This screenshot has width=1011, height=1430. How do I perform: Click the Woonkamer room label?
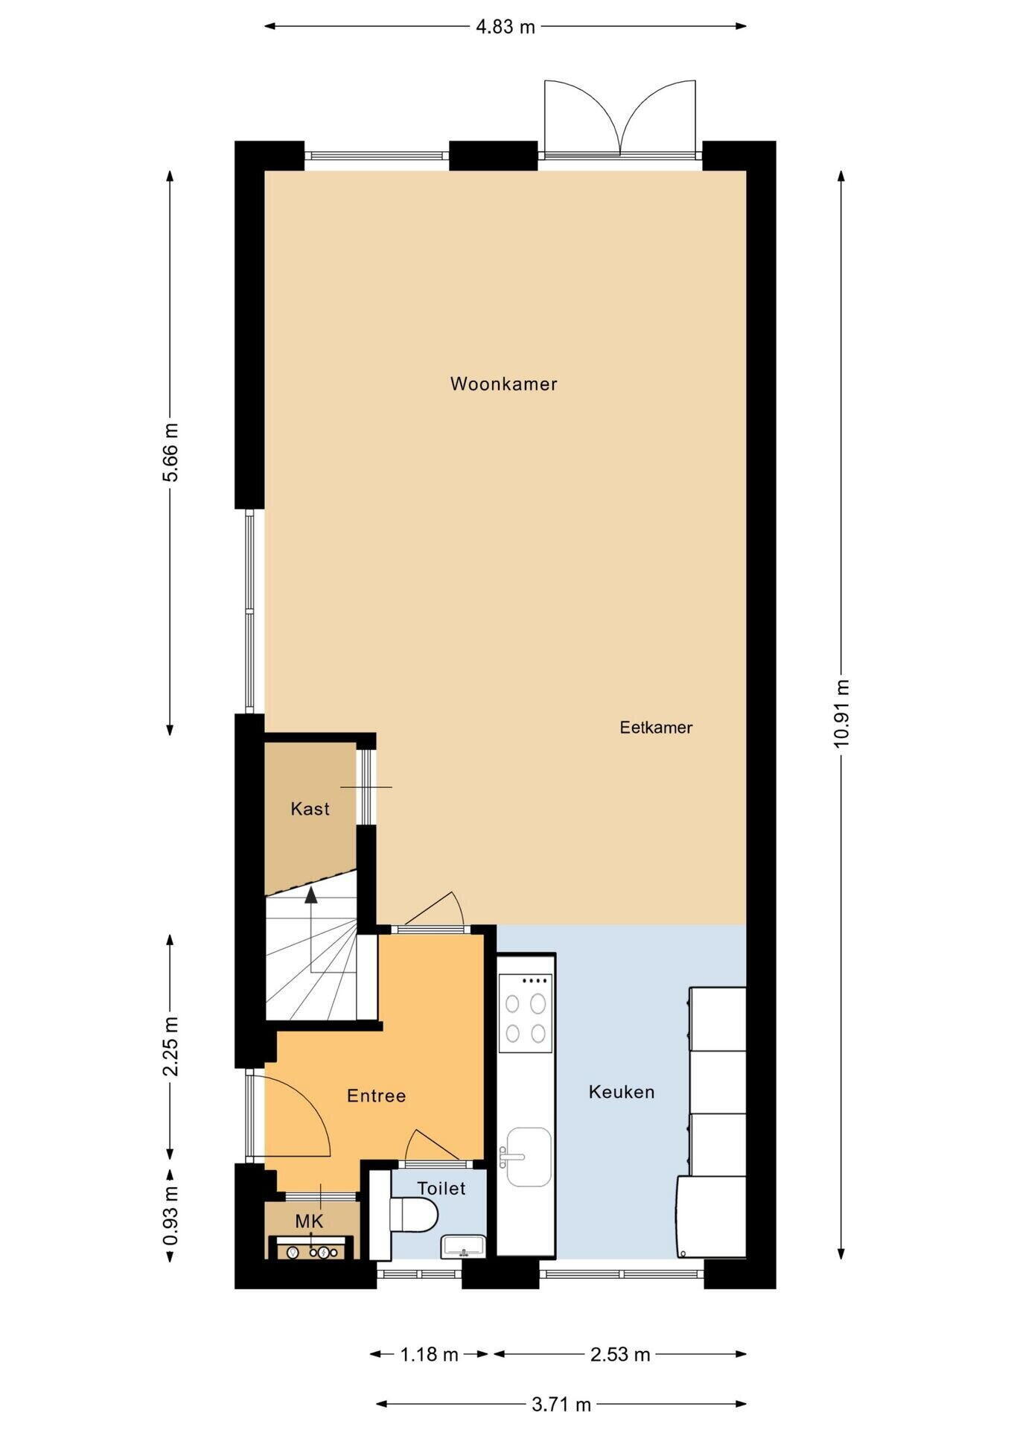pyautogui.click(x=503, y=384)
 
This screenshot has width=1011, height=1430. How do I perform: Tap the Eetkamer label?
pyautogui.click(x=656, y=728)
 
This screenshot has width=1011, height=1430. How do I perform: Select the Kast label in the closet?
pyautogui.click(x=310, y=809)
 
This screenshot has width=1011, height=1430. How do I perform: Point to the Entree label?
pyautogui.click(x=377, y=1096)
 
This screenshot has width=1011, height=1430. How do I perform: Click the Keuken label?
pyautogui.click(x=622, y=1092)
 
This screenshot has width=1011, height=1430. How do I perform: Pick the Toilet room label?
pyautogui.click(x=441, y=1188)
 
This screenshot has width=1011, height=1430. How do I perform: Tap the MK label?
pyautogui.click(x=309, y=1221)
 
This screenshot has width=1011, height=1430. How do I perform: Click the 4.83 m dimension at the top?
pyautogui.click(x=505, y=27)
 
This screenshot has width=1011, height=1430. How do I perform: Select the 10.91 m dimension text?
pyautogui.click(x=841, y=714)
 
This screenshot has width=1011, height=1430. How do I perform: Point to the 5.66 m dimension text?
pyautogui.click(x=170, y=452)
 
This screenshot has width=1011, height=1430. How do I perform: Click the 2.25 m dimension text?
pyautogui.click(x=170, y=1046)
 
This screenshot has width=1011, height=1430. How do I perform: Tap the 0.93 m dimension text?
pyautogui.click(x=170, y=1215)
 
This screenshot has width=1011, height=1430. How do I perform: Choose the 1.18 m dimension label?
pyautogui.click(x=430, y=1354)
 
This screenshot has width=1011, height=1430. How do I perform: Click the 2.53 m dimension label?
pyautogui.click(x=620, y=1354)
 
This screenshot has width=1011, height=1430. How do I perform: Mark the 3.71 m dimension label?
pyautogui.click(x=561, y=1405)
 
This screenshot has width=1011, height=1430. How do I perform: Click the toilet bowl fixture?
pyautogui.click(x=414, y=1215)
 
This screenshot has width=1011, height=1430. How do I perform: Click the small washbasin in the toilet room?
pyautogui.click(x=464, y=1246)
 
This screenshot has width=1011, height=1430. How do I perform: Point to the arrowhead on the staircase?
pyautogui.click(x=311, y=895)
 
